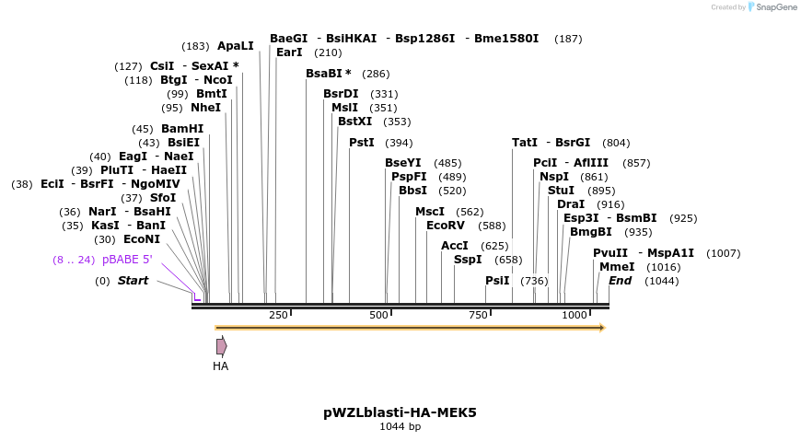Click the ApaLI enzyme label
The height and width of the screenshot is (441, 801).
pos(235,46)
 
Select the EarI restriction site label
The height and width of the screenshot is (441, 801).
pos(289,52)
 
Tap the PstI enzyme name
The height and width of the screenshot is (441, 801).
pos(362,143)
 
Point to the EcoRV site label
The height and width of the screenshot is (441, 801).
pos(446,226)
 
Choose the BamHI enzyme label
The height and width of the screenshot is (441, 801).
pos(182,129)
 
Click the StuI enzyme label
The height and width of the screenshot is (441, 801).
pos(561,191)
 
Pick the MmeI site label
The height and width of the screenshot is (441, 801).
pos(617,267)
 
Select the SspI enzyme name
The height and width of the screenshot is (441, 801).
pos(468,260)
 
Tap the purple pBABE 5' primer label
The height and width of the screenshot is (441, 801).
pos(127,260)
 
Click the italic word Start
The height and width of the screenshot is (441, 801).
pos(133,281)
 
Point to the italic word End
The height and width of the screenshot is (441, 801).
pos(620,281)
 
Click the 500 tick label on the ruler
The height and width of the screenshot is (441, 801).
pos(378,316)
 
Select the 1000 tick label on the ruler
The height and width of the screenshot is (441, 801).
pos(575,316)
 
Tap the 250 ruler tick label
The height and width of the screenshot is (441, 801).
pos(278,316)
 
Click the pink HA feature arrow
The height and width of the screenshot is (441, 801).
pos(221,346)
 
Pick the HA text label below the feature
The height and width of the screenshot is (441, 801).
pos(220,366)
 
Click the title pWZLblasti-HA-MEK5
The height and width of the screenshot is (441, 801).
pos(400,412)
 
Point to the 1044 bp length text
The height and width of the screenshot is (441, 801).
pos(400,427)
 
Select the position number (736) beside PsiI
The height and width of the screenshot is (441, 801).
pos(534,281)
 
